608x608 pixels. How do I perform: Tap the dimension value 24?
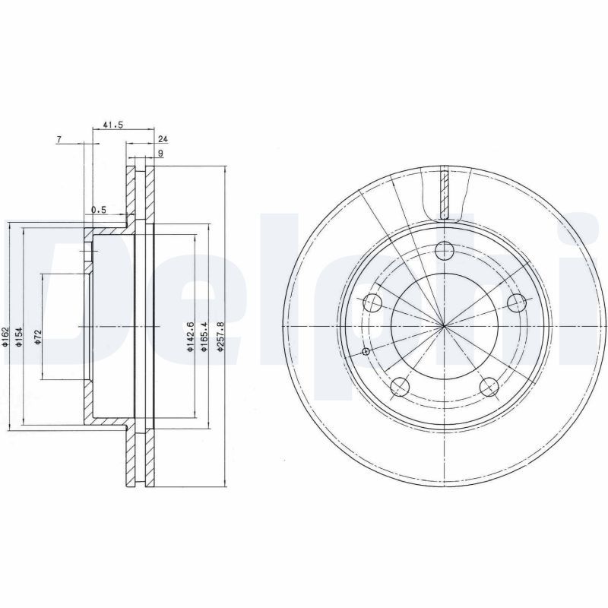(x=163, y=140)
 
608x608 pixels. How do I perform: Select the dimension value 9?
(x=160, y=154)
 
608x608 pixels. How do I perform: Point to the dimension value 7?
(x=59, y=139)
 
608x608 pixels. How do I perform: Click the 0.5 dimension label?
(x=98, y=210)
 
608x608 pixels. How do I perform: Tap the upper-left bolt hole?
(x=372, y=303)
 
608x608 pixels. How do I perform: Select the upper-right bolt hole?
(x=518, y=303)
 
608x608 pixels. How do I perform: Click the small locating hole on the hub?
(x=366, y=351)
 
